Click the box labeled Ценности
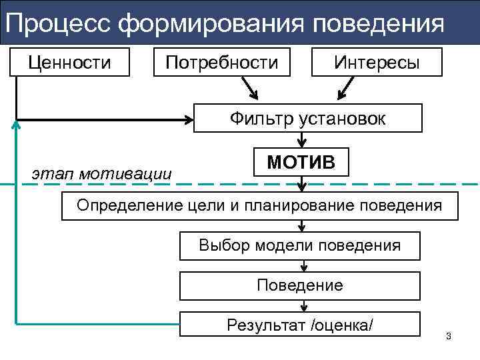pyautogui.click(x=69, y=63)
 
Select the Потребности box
pyautogui.click(x=222, y=63)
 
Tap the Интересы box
pyautogui.click(x=377, y=63)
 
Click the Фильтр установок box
pyautogui.click(x=307, y=118)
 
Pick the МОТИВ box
pyautogui.click(x=301, y=162)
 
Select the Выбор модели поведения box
pyautogui.click(x=300, y=245)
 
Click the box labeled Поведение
pyautogui.click(x=300, y=286)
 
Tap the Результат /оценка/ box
pyautogui.click(x=300, y=325)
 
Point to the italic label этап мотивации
pyautogui.click(x=101, y=174)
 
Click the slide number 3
pyautogui.click(x=449, y=335)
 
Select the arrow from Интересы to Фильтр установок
pyautogui.click(x=347, y=87)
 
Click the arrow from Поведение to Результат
pyautogui.click(x=303, y=305)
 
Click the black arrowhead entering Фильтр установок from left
pyautogui.click(x=188, y=119)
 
